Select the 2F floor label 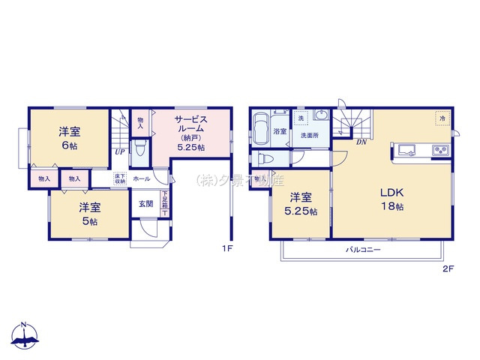click(448, 267)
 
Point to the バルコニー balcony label click(363, 250)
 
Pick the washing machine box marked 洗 click(300, 118)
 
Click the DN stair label click(361, 142)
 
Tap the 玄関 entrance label click(145, 203)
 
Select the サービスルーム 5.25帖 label click(190, 133)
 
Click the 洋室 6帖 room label click(69, 138)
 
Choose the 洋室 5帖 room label click(90, 212)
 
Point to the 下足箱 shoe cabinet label click(164, 201)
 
